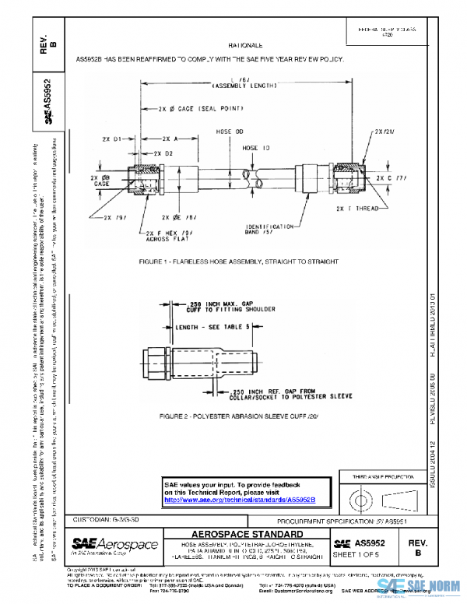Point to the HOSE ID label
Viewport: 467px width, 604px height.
click(255, 147)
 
